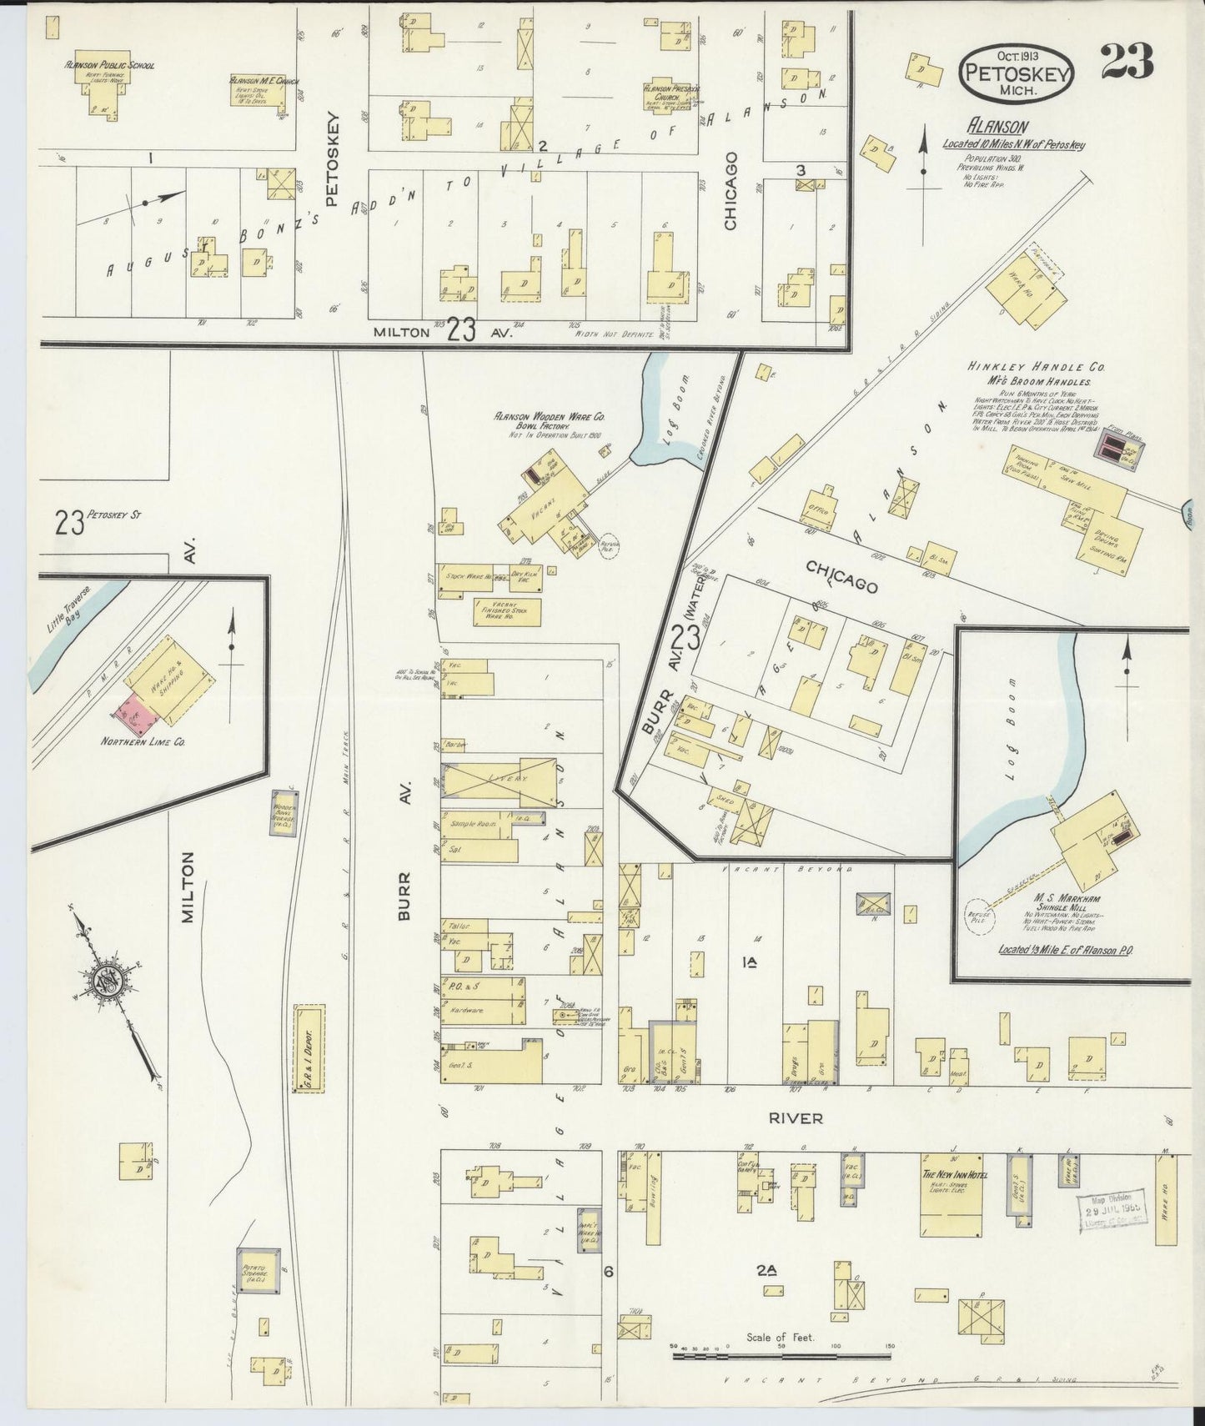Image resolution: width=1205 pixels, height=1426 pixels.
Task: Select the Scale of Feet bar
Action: coord(783,1356)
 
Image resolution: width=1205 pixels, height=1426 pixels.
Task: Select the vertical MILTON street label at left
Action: coord(188,886)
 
